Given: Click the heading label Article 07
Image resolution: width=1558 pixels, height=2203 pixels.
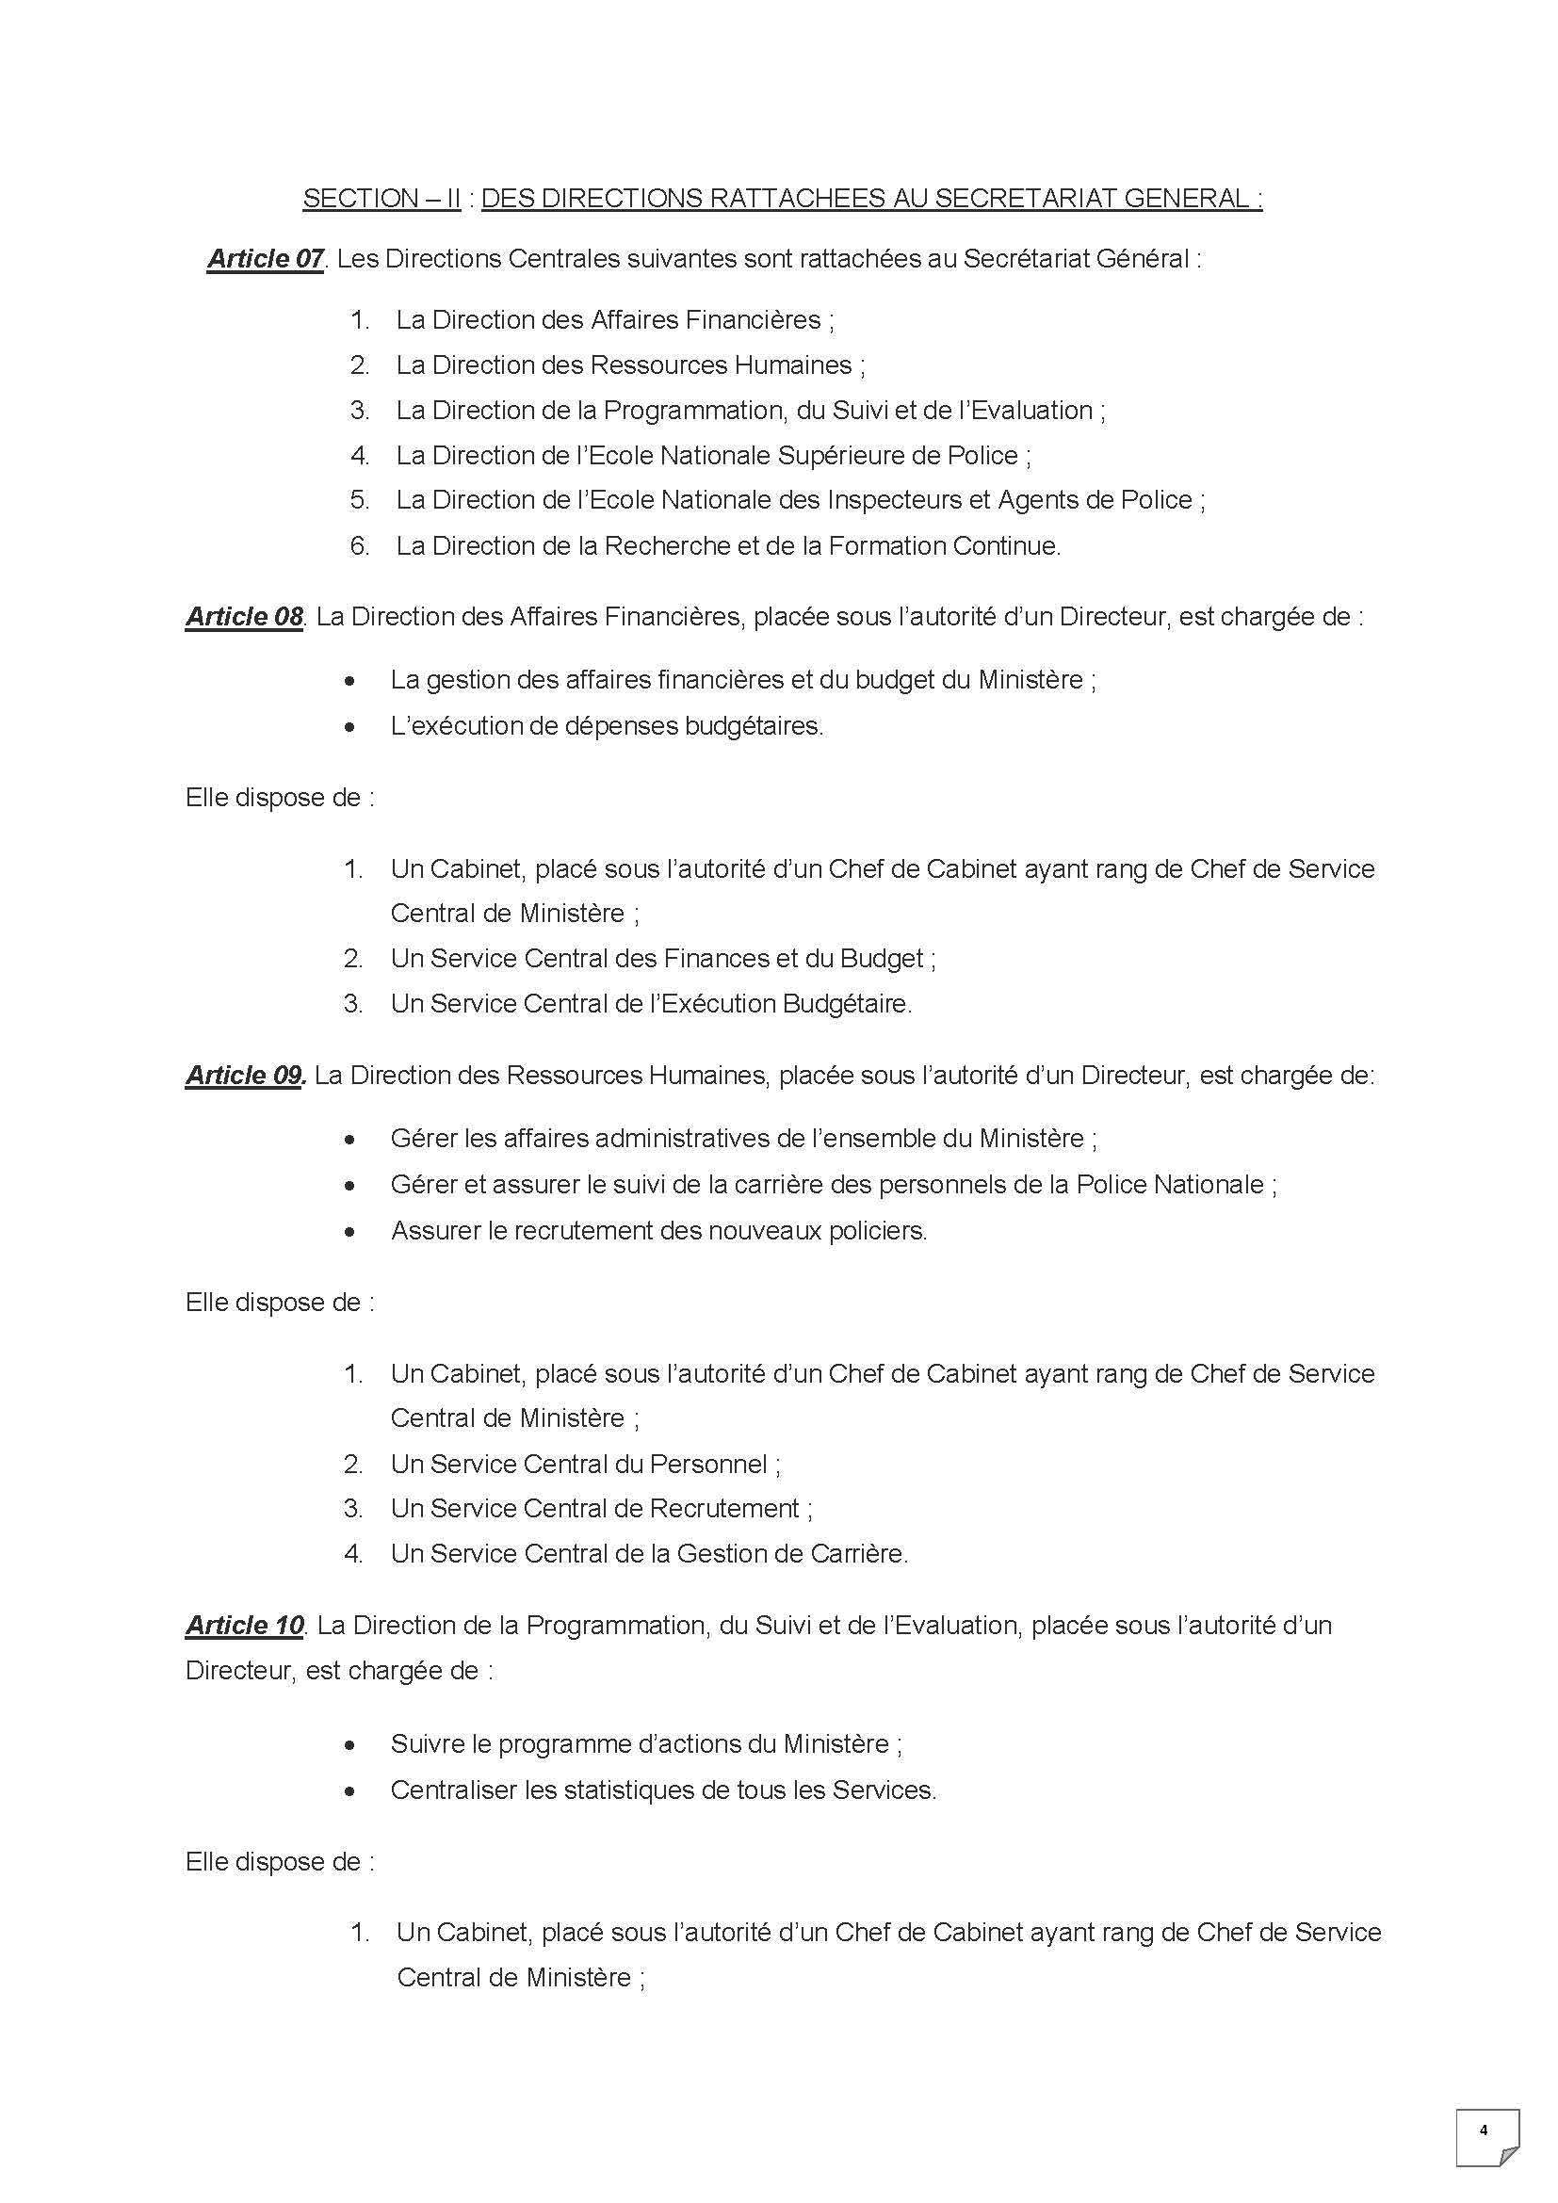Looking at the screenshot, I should coord(265,259).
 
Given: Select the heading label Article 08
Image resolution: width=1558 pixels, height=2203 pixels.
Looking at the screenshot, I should coord(244,616).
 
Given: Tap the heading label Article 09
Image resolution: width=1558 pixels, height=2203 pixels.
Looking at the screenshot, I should coord(245,1076).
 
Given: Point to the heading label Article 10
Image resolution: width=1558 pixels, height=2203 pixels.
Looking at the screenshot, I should coord(245,1626).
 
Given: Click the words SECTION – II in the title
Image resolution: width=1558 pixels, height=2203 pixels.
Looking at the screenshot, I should coord(381,199).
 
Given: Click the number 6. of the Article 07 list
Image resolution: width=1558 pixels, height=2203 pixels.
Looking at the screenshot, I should coord(360,546).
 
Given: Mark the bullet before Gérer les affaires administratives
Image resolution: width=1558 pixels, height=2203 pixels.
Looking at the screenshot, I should coord(350,1141).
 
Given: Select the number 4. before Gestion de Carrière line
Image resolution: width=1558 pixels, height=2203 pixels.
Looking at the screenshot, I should coord(354,1553).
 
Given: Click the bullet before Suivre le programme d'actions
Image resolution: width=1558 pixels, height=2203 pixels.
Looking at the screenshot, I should coord(350,1745).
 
